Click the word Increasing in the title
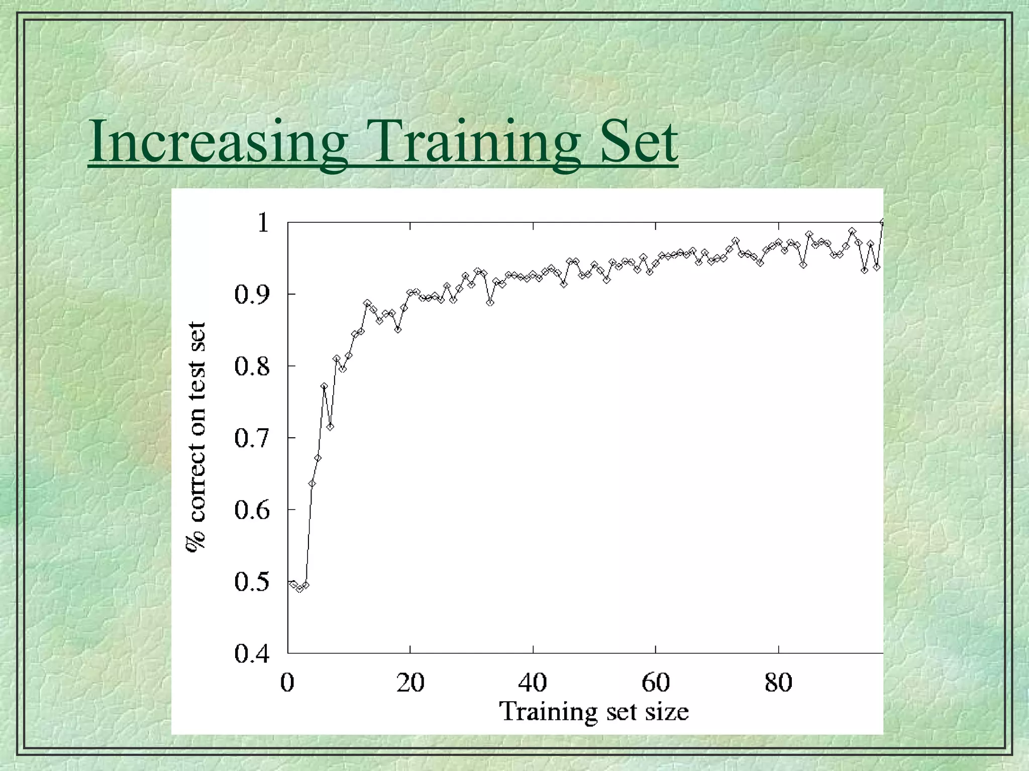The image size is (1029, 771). click(218, 142)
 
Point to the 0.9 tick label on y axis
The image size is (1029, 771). click(252, 295)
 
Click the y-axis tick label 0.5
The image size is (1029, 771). click(252, 583)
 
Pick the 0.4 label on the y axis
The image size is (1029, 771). click(252, 655)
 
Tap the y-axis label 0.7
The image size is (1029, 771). click(252, 439)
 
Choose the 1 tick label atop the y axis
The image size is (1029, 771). click(263, 222)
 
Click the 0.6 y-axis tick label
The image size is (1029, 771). click(252, 511)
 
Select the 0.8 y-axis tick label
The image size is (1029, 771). click(252, 367)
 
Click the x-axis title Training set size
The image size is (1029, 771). click(593, 712)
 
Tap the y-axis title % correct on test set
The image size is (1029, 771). click(195, 437)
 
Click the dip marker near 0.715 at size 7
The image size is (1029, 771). click(330, 427)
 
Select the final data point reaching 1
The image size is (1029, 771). click(882, 222)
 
